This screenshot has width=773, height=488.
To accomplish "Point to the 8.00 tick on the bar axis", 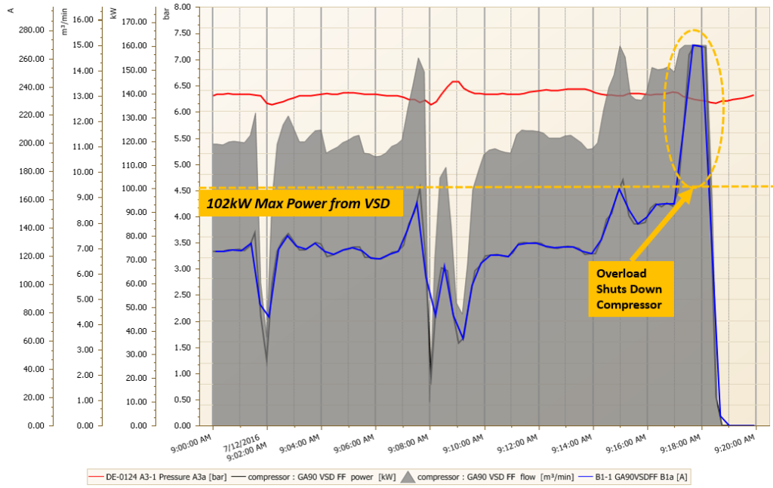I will [x=180, y=7].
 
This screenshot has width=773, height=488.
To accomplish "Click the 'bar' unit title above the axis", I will [x=166, y=16].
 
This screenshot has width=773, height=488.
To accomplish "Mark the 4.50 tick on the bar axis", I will [x=180, y=190].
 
